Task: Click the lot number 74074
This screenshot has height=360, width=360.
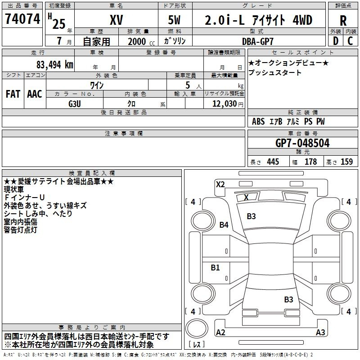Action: click(x=22, y=18)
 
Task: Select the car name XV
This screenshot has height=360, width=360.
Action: click(x=117, y=20)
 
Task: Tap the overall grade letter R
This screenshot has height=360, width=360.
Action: click(x=343, y=21)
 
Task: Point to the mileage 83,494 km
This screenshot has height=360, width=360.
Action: click(x=55, y=65)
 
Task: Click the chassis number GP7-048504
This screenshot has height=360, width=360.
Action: click(x=302, y=143)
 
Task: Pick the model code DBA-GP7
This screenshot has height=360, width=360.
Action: click(x=257, y=41)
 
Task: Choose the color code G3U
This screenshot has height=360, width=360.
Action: click(x=75, y=104)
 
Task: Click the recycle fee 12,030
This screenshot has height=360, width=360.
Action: click(x=225, y=104)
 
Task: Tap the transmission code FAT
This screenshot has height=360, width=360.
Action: click(x=13, y=94)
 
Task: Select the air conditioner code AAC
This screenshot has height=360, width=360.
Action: click(x=35, y=94)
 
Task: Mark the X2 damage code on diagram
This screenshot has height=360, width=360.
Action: click(x=220, y=184)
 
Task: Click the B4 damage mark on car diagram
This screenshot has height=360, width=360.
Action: click(x=224, y=225)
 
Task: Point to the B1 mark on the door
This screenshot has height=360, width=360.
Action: click(x=215, y=267)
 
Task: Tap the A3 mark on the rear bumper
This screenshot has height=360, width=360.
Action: click(x=320, y=332)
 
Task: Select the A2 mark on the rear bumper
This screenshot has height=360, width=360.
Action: click(x=220, y=332)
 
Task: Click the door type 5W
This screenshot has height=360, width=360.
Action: click(x=174, y=20)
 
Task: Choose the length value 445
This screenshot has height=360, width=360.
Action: click(x=273, y=162)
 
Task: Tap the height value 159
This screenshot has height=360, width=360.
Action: click(x=346, y=162)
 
